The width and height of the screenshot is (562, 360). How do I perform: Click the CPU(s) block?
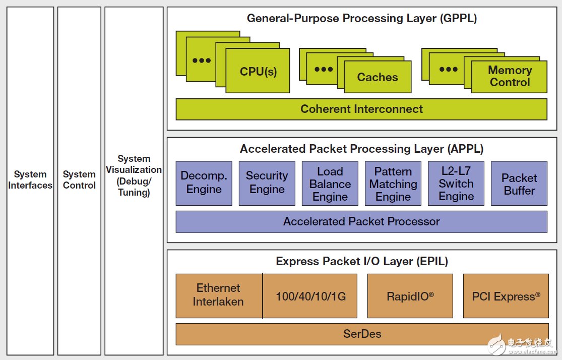(x=258, y=71)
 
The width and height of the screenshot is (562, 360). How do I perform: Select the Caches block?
(x=378, y=77)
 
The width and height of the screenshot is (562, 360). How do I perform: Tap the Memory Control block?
(x=510, y=77)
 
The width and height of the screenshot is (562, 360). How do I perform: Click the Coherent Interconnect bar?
(x=361, y=109)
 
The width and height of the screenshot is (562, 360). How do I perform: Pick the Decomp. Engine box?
(x=204, y=183)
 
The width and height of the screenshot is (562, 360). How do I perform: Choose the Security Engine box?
(x=267, y=183)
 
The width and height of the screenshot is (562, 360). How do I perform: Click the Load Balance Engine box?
(x=330, y=184)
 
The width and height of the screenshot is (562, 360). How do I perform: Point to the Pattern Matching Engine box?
(x=393, y=184)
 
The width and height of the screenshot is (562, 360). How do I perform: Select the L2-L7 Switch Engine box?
(x=456, y=183)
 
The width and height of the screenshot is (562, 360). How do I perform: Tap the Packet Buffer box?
(x=519, y=184)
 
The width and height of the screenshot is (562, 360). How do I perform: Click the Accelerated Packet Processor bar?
(x=361, y=221)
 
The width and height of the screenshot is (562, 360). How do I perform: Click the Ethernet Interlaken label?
(x=219, y=295)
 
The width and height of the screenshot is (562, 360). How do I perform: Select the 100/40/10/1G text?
(x=310, y=296)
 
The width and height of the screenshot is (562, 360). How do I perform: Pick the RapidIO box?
(x=410, y=296)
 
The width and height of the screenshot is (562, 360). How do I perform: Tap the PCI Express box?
(x=506, y=296)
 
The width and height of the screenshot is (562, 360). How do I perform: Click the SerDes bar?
(x=361, y=333)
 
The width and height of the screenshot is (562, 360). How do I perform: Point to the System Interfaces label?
(x=30, y=180)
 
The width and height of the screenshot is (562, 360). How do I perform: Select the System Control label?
(x=79, y=180)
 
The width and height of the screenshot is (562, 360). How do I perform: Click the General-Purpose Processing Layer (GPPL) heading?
(x=361, y=19)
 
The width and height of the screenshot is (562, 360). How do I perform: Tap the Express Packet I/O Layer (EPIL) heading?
(x=361, y=261)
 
